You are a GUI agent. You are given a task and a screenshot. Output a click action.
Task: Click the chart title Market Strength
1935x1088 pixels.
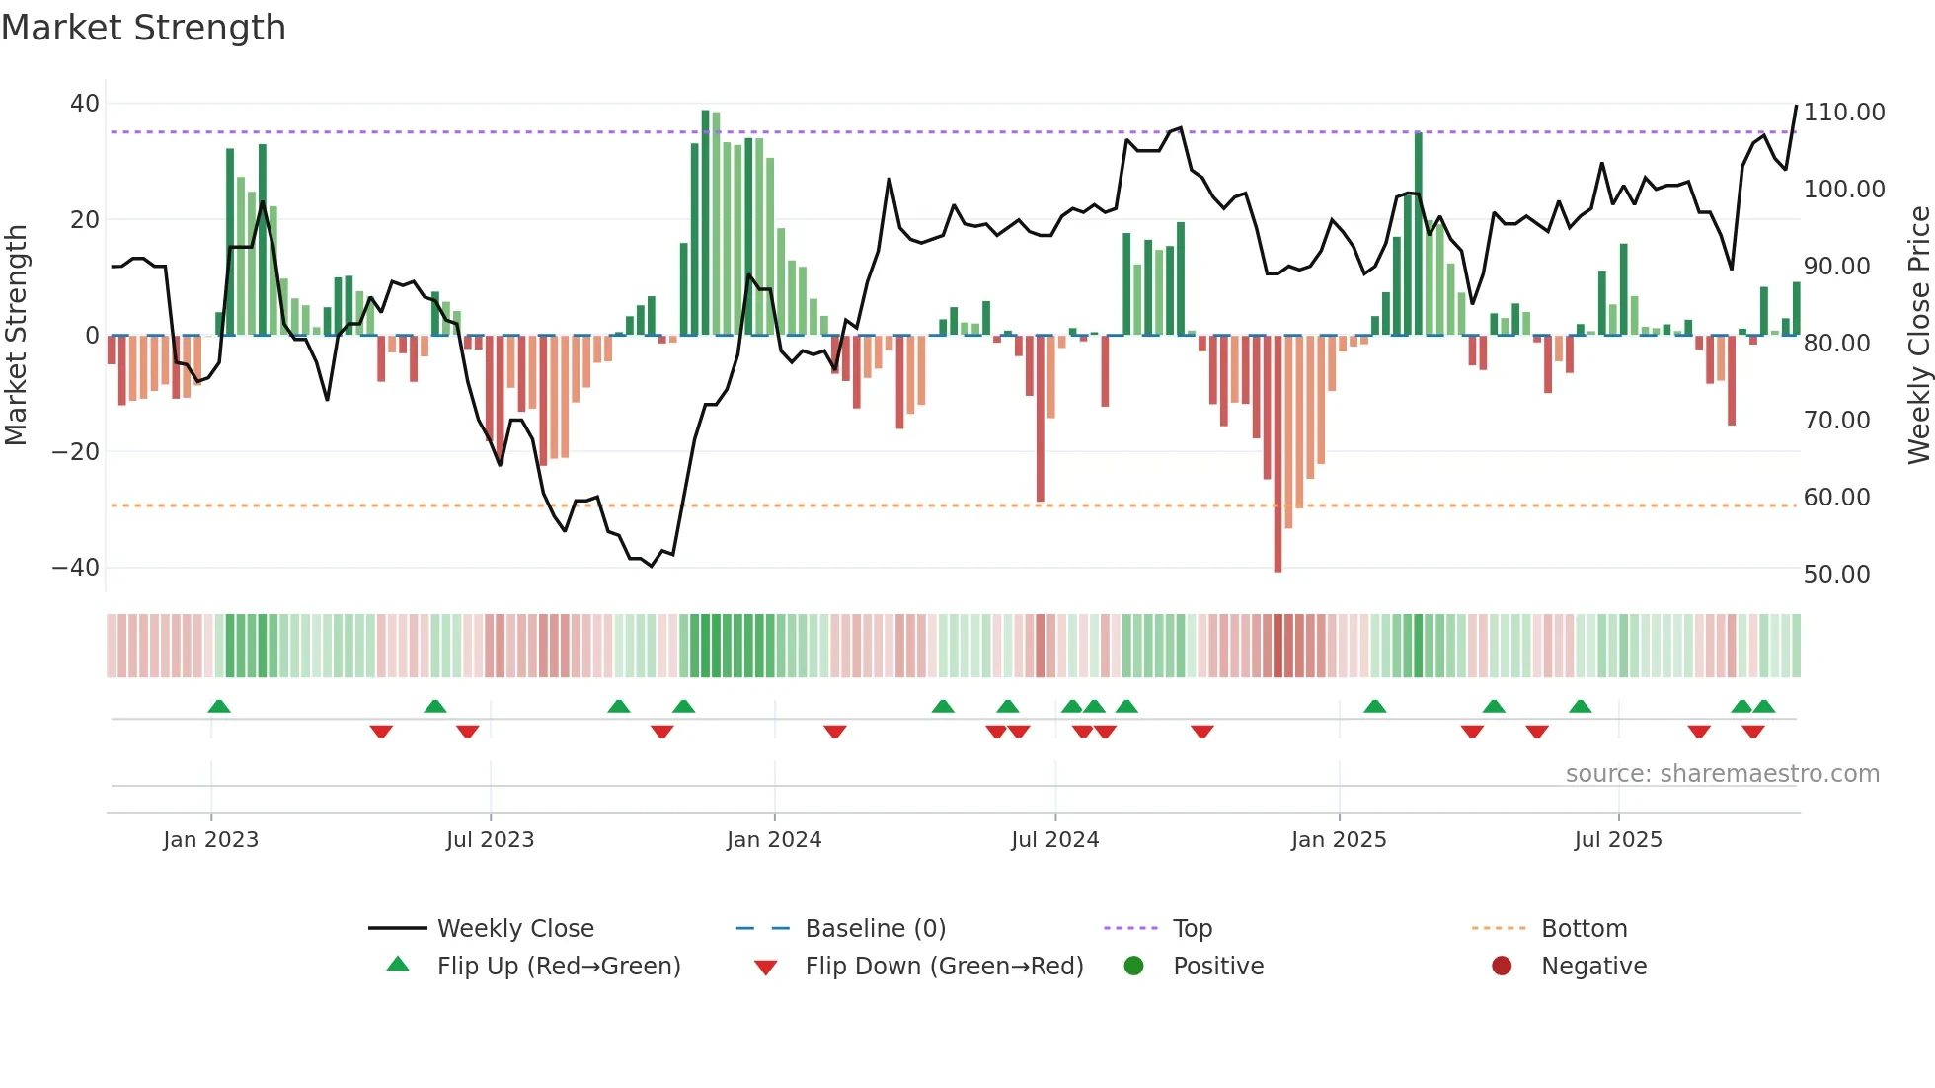tap(143, 28)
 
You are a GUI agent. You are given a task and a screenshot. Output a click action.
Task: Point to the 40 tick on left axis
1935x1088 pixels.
tap(85, 104)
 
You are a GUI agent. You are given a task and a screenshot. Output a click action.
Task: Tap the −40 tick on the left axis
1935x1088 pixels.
tap(76, 568)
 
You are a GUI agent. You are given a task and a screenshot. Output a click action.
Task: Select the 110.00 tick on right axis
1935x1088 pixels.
tap(1843, 113)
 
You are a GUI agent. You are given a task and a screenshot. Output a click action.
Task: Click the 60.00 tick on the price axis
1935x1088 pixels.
tap(1836, 498)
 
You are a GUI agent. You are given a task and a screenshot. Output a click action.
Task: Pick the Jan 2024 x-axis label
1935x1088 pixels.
tap(774, 840)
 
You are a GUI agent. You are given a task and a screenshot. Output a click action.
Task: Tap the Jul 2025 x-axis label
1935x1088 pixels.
tap(1617, 840)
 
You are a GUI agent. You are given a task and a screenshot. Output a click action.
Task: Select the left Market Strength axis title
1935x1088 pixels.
tap(16, 336)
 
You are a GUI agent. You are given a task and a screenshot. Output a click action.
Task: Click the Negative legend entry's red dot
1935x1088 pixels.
tap(1502, 967)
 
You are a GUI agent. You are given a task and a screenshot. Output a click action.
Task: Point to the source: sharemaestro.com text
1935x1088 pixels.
tap(1722, 774)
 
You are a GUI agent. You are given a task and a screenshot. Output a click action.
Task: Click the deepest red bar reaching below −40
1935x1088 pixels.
tap(1277, 454)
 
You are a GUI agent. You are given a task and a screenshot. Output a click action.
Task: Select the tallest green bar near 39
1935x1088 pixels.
tap(705, 222)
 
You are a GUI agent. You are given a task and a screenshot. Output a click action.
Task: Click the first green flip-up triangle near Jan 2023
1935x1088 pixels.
tap(219, 706)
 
